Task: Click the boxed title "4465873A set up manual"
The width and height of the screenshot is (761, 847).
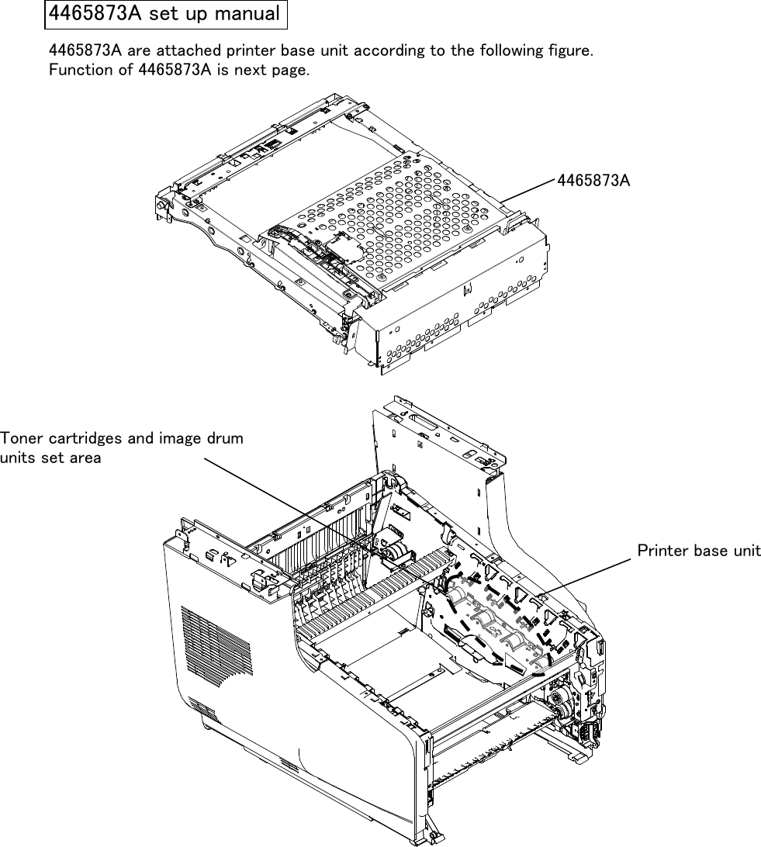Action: (x=164, y=13)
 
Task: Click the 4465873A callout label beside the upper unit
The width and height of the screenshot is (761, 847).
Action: (x=593, y=180)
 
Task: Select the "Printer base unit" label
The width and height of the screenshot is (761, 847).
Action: (x=698, y=551)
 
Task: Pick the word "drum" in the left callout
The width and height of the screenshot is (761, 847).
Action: (x=226, y=438)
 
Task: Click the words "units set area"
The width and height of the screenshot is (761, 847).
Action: (x=50, y=458)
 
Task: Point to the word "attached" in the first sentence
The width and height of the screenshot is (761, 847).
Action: (x=190, y=51)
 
